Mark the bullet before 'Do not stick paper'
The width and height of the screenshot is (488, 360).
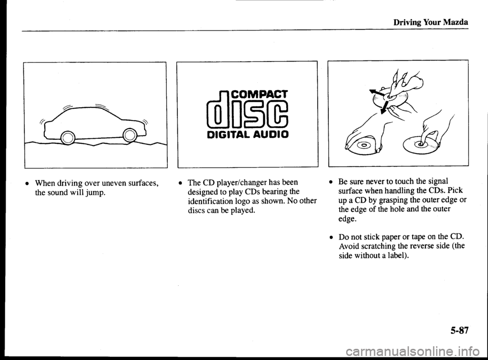(331, 237)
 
